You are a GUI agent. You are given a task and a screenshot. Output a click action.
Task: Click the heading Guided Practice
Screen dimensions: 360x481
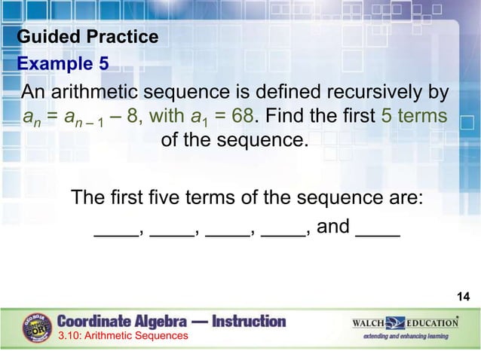(87, 37)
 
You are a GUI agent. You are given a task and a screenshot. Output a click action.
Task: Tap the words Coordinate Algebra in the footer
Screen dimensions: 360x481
(121, 322)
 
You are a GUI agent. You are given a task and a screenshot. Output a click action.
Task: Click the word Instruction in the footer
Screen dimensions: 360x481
(249, 322)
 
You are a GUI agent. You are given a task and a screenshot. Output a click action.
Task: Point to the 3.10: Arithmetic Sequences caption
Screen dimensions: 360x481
(123, 335)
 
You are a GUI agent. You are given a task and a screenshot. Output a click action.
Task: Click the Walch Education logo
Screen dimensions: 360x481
(405, 322)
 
